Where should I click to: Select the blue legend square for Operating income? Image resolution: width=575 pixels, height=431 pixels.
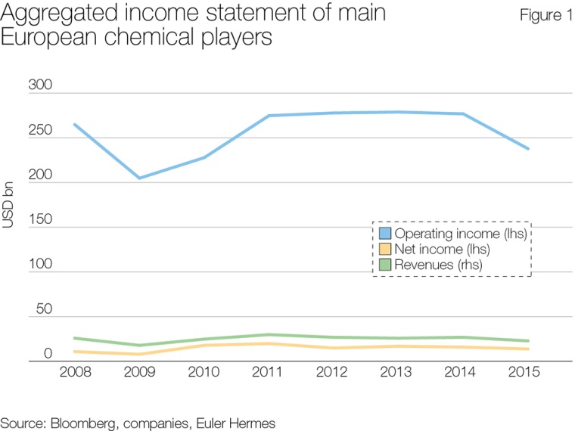tap(384, 233)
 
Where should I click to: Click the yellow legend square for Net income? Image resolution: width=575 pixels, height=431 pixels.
tap(384, 250)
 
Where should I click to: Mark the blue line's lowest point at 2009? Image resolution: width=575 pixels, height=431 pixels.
tap(139, 178)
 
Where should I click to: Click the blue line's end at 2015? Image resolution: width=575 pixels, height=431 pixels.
tap(527, 148)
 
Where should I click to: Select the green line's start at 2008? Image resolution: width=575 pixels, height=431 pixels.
tap(75, 338)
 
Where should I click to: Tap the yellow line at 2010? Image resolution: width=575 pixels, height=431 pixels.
tap(204, 346)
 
